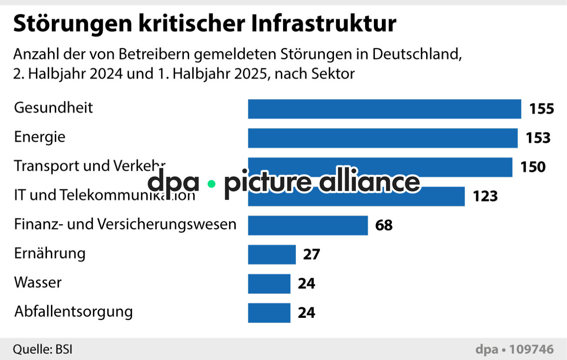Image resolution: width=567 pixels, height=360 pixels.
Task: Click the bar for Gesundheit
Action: click(384, 109)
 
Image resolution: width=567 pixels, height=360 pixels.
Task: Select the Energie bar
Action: click(382, 138)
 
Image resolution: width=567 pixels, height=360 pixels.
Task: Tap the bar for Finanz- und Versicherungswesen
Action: click(307, 225)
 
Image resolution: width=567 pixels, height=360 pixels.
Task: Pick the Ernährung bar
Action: click(272, 254)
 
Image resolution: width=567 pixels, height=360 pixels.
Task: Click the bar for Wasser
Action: click(269, 284)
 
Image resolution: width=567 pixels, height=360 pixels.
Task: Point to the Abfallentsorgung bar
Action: click(269, 313)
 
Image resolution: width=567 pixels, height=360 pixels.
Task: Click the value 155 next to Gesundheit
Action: click(541, 109)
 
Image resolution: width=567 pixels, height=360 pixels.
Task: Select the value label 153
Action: click(538, 138)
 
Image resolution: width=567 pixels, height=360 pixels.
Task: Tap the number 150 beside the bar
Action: click(533, 167)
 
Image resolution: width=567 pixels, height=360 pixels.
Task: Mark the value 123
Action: click(485, 196)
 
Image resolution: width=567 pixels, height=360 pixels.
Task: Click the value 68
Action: click(384, 225)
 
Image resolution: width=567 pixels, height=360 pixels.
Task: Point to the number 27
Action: click(311, 254)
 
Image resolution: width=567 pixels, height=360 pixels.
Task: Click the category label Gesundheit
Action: click(54, 108)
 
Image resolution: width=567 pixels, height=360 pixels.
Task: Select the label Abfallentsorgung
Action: click(74, 312)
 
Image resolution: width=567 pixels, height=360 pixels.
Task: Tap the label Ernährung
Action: click(50, 254)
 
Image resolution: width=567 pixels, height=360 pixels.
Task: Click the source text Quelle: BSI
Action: click(42, 349)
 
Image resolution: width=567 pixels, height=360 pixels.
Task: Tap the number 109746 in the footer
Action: click(531, 349)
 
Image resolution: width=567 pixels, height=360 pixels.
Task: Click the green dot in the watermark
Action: click(211, 183)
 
